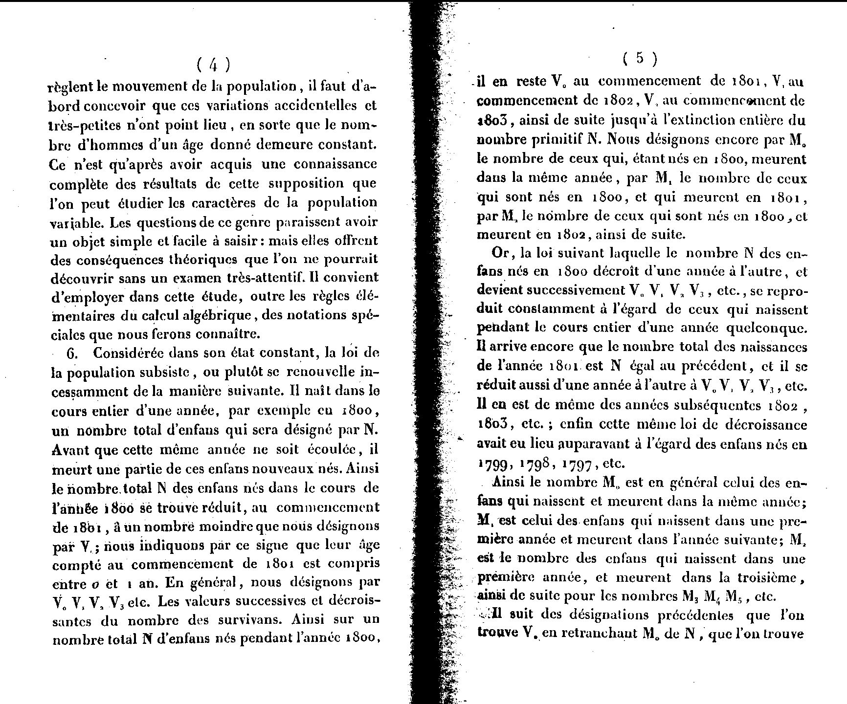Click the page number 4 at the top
click(213, 65)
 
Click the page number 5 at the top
click(640, 59)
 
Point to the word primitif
click(556, 139)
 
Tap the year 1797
click(579, 463)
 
